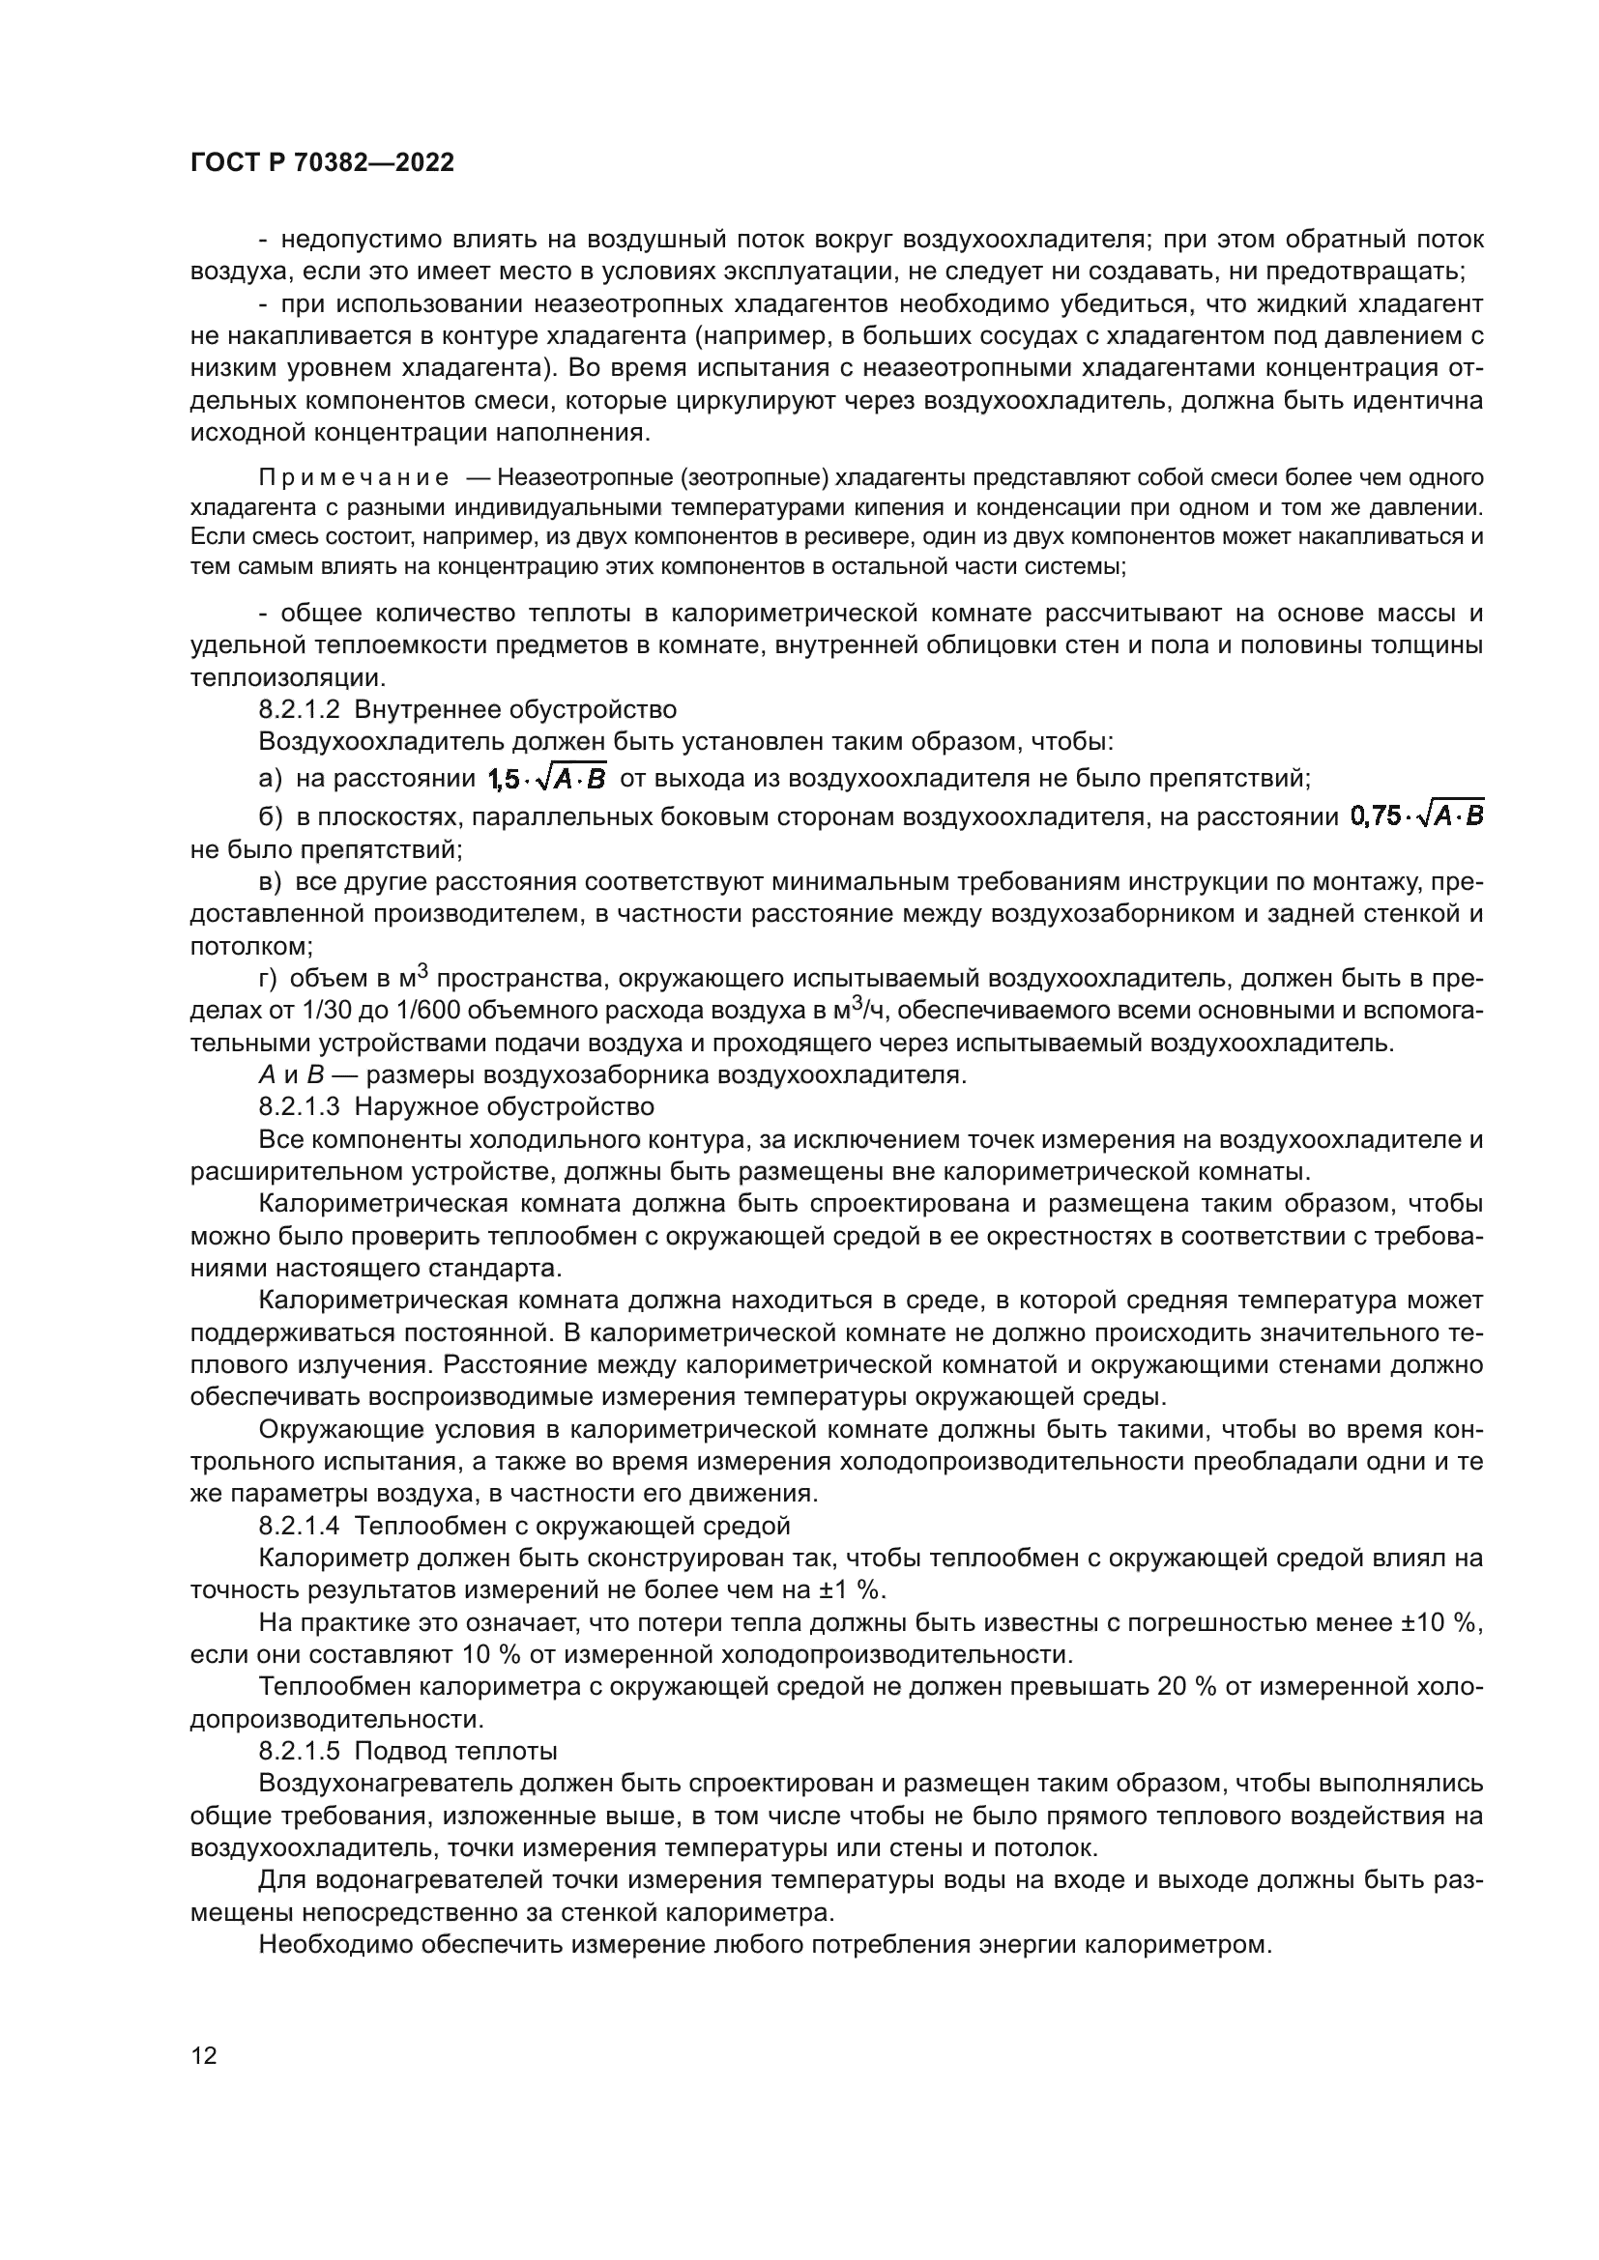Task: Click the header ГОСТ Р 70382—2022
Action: (323, 163)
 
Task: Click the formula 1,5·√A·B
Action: (547, 779)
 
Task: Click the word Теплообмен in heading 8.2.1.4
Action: (422, 1526)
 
